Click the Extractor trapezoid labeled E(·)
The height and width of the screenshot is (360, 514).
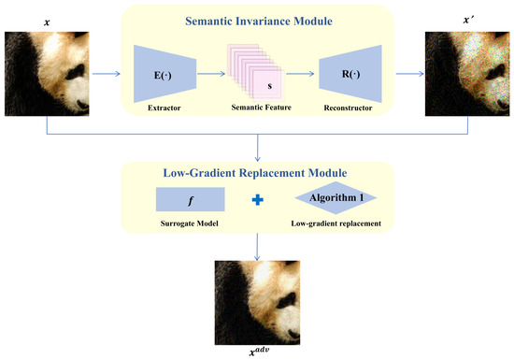164,74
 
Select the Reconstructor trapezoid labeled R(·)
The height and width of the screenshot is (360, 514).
350,74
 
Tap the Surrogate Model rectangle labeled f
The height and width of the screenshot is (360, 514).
190,199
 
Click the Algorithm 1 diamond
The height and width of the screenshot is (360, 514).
336,197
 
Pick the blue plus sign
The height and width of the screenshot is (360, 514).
258,200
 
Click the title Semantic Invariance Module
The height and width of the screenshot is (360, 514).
259,21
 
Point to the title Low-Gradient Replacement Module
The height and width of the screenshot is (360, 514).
255,173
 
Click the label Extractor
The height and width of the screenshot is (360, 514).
164,108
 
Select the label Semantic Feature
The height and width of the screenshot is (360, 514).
262,108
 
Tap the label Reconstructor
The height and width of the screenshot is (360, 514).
348,108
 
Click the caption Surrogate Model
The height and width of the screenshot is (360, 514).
190,223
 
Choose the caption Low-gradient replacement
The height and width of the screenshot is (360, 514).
336,223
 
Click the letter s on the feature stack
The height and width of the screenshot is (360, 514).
270,86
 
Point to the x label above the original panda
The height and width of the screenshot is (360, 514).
47,22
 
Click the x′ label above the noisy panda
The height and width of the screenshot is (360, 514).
468,21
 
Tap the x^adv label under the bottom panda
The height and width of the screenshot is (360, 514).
259,352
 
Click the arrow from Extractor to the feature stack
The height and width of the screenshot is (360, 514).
211,74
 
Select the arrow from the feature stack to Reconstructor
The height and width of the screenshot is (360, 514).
300,74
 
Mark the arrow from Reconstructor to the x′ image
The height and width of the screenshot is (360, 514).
409,74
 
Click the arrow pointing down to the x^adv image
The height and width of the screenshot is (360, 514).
257,247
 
